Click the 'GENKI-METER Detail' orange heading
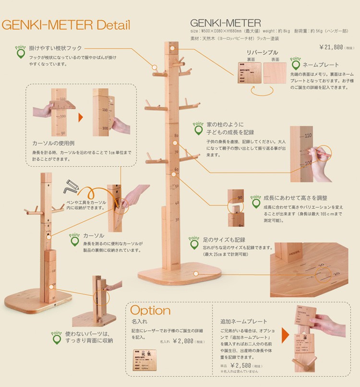point(66,25)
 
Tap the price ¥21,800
point(331,47)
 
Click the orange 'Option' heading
point(150,310)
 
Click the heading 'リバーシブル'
point(262,52)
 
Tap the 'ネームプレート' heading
point(321,64)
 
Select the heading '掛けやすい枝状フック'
point(55,48)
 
